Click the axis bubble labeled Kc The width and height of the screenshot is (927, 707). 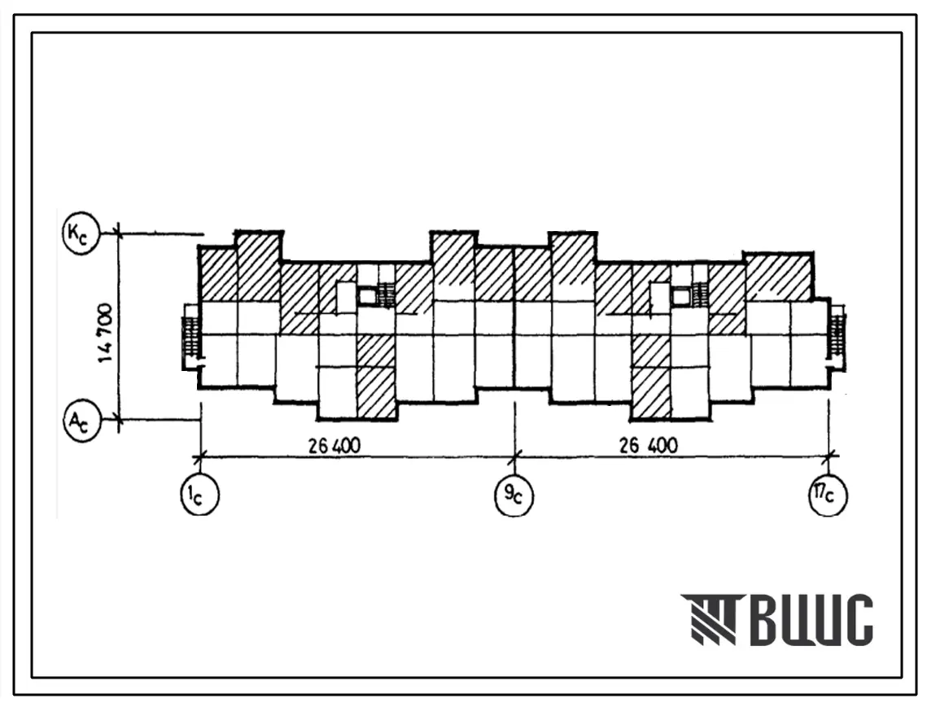(x=81, y=234)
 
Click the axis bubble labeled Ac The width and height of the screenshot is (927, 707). (x=81, y=421)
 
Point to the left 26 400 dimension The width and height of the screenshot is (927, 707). (x=334, y=446)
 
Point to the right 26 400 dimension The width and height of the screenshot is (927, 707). (x=648, y=446)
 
